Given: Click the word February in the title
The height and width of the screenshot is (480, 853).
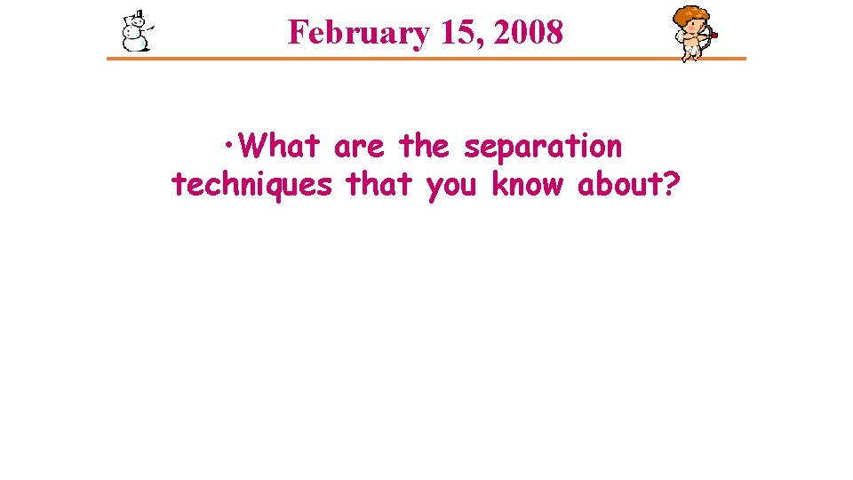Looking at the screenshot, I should [353, 33].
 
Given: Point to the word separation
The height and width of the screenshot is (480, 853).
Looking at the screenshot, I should [543, 145].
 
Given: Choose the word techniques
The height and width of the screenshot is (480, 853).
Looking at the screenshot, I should [251, 185].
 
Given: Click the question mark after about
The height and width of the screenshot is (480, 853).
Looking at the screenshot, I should [672, 185].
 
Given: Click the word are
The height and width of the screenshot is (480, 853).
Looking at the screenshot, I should [359, 145].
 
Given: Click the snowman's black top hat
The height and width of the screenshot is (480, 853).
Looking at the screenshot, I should [136, 16].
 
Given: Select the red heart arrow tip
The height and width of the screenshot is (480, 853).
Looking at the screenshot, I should [714, 36].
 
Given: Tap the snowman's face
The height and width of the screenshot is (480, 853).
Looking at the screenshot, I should [136, 26].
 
